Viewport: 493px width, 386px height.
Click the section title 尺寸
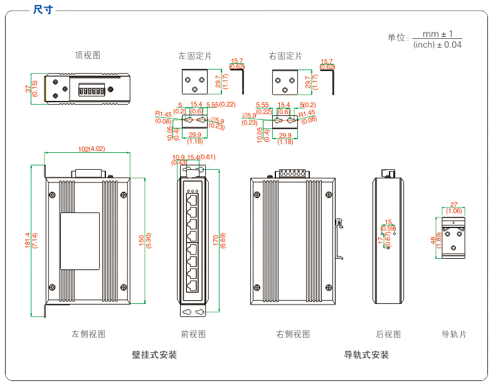[43, 9]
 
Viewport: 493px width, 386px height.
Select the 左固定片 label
[195, 56]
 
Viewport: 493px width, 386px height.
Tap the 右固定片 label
[285, 56]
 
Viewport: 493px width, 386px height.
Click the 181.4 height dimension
[28, 239]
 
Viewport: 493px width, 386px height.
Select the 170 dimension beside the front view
[216, 239]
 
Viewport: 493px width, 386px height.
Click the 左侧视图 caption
[88, 334]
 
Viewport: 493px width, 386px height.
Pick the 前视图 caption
[193, 334]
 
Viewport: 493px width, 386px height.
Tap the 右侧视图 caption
[293, 334]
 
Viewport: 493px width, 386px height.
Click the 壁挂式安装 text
[154, 355]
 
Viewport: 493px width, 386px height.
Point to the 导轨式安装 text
[366, 355]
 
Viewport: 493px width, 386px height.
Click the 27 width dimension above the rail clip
[454, 204]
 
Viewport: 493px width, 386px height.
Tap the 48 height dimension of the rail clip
[433, 239]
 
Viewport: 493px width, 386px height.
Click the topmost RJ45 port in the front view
[192, 199]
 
